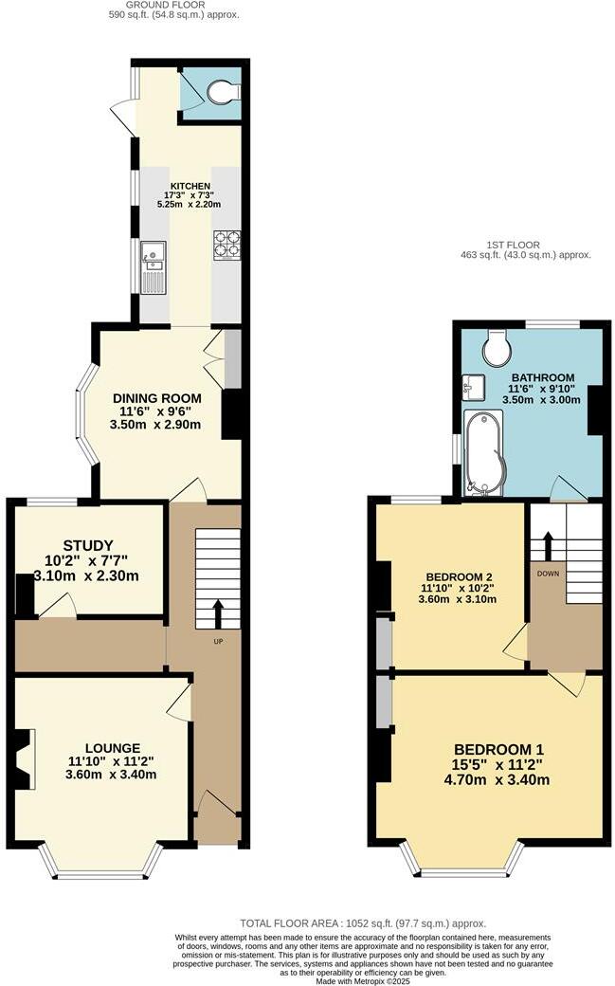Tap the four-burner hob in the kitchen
(x=226, y=245)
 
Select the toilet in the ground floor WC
(x=221, y=92)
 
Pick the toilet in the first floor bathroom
(x=496, y=348)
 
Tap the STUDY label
(x=88, y=545)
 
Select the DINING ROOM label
(x=157, y=397)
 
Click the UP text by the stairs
(x=217, y=642)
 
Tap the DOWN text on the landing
(x=548, y=574)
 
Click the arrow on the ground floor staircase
(x=217, y=612)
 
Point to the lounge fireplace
(x=23, y=758)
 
